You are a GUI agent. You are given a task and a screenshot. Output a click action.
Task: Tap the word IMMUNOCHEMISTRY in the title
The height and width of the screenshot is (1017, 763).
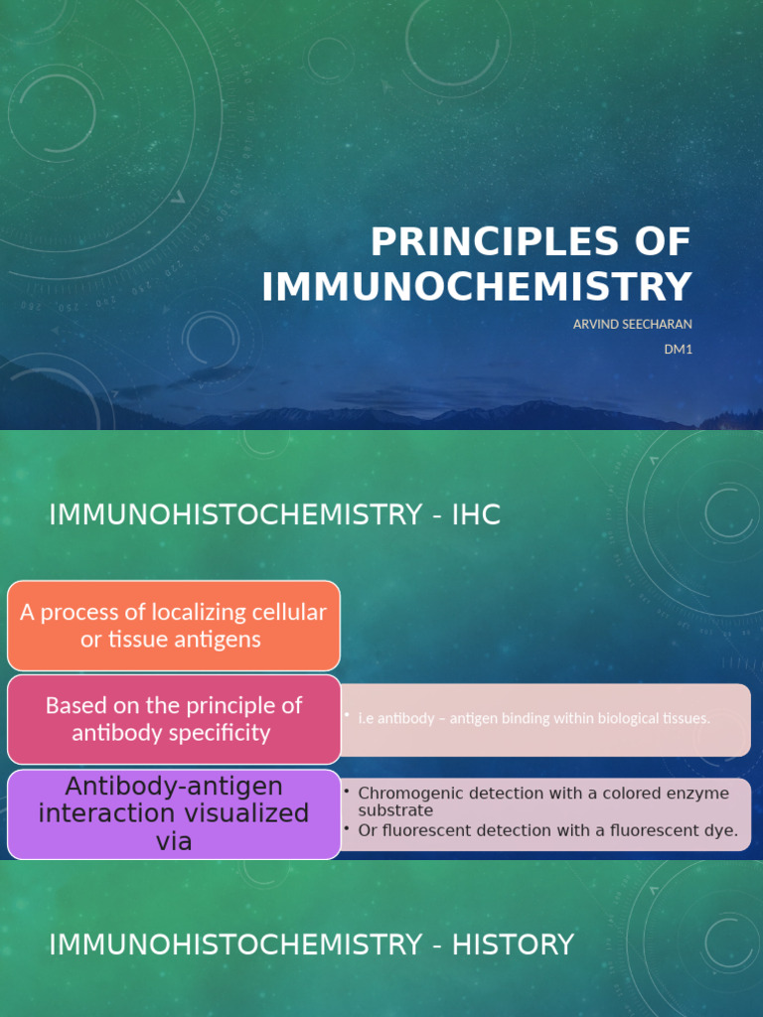point(477,286)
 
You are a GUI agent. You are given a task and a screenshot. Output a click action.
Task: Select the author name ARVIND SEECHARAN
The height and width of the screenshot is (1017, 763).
point(632,324)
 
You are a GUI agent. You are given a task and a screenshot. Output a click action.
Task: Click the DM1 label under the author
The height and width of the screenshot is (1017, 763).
point(678,349)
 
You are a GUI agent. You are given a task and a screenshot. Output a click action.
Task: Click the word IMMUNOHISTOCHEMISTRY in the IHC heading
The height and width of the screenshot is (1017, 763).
point(236,514)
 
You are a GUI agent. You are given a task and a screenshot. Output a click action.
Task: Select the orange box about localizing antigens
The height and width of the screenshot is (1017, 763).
point(174,626)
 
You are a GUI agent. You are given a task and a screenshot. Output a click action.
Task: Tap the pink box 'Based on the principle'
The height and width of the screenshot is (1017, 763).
point(174,719)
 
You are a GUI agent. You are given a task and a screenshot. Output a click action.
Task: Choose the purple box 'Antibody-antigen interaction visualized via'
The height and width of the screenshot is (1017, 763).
point(174,814)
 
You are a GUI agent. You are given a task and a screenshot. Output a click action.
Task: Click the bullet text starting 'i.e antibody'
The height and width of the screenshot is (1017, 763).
point(534,718)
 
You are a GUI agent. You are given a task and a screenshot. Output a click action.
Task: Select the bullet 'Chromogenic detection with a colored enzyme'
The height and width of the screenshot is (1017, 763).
point(543,794)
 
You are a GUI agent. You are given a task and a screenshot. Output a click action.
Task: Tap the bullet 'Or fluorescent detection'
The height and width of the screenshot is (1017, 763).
point(547,830)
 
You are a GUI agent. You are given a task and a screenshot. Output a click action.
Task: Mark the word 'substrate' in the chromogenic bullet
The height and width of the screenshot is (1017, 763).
point(395,810)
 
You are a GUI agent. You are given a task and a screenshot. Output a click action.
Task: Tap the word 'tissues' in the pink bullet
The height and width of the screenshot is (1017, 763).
point(684,718)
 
